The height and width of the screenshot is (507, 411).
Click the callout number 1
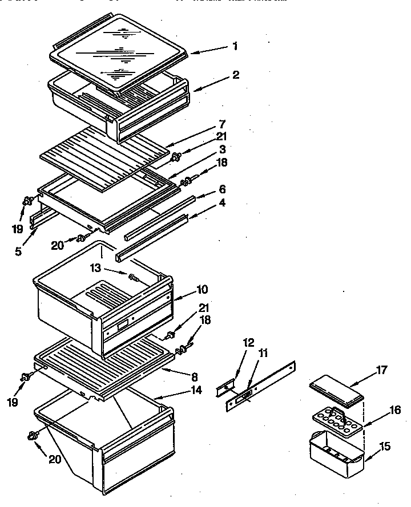point(235,46)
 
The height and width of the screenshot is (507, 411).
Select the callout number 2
point(236,75)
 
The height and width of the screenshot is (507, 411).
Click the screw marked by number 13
point(134,278)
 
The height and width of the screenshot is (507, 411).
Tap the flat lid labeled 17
point(337,393)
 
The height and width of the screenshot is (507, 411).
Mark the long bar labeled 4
point(152,237)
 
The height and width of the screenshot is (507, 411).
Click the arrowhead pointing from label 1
point(190,52)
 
